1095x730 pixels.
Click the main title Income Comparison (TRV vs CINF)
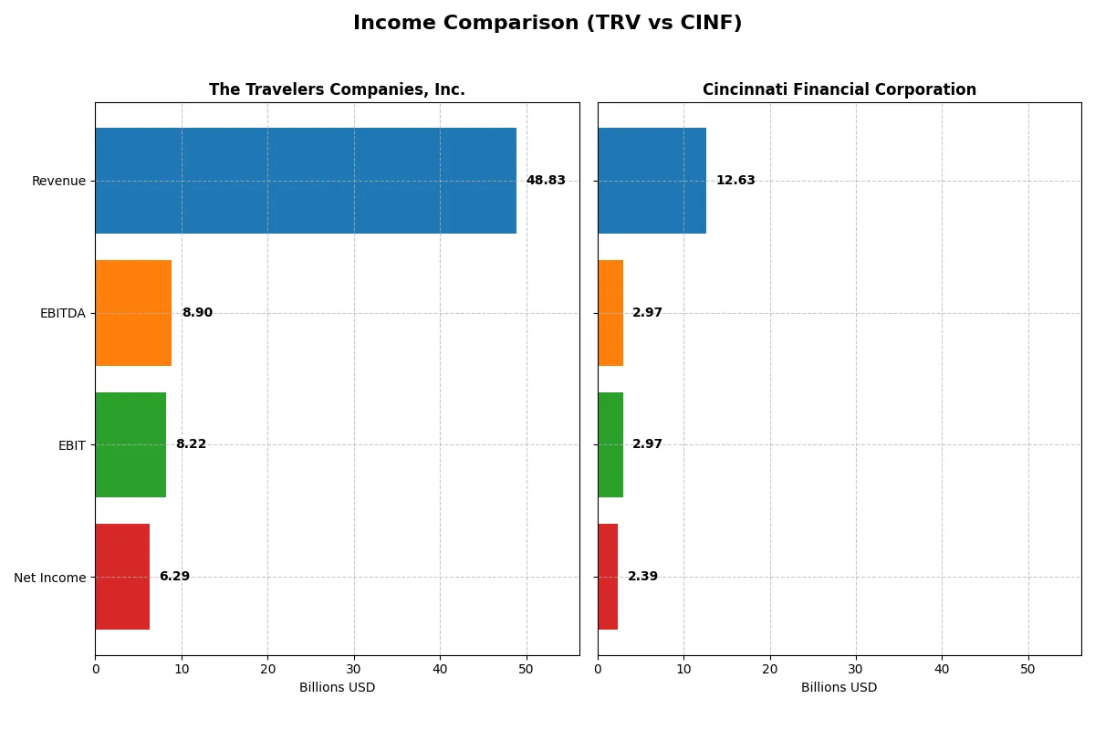click(547, 24)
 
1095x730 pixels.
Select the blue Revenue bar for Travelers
click(306, 181)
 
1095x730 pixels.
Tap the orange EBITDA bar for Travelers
click(133, 313)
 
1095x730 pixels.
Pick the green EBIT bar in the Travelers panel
click(130, 444)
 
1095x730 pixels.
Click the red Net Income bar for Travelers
click(122, 577)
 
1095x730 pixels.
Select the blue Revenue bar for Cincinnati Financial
click(652, 181)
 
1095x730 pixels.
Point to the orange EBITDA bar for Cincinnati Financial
click(610, 313)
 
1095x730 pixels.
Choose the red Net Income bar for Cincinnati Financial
click(608, 577)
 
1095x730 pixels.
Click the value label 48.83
click(546, 181)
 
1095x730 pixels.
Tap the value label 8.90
click(197, 313)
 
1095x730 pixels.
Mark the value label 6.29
click(174, 577)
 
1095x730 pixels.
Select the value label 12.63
click(735, 181)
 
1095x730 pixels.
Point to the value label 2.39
click(642, 577)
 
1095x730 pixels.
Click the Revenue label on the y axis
click(58, 181)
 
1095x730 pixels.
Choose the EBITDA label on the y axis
click(63, 313)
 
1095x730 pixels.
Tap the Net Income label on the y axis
click(50, 577)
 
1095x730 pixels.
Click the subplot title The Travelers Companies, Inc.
click(337, 89)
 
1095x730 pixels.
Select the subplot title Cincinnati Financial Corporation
click(839, 89)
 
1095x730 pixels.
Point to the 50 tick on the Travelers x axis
click(527, 669)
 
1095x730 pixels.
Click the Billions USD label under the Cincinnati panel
click(839, 687)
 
